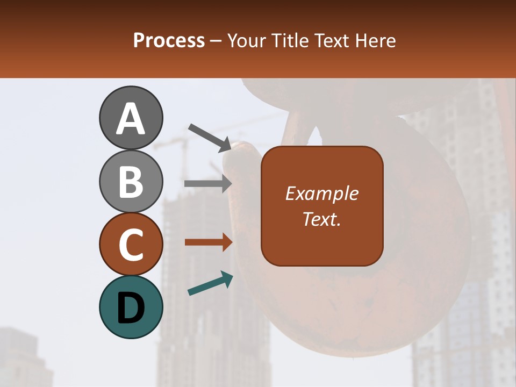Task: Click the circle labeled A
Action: [131, 118]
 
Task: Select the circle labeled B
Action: [131, 181]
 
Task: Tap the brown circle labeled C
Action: [131, 244]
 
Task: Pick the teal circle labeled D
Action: [131, 307]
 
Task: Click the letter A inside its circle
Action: [131, 119]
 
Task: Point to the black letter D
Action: [131, 308]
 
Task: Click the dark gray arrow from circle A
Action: [210, 137]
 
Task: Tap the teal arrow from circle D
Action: [210, 283]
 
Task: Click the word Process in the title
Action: [169, 40]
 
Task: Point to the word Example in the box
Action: [321, 193]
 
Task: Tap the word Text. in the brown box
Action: [321, 219]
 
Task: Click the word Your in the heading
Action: [248, 40]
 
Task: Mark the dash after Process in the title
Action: [216, 41]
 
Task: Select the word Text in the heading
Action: [332, 40]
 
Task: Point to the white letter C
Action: [131, 245]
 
